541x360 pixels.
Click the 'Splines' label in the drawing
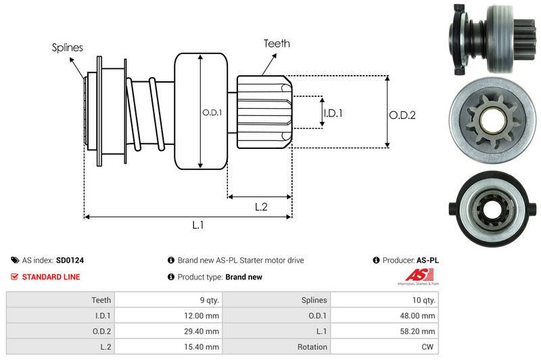(68, 47)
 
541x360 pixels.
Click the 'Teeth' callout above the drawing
(277, 43)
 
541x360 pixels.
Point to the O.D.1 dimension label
(212, 112)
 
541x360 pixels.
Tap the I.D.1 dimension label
(333, 113)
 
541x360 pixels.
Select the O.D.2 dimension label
(402, 115)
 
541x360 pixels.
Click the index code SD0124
(70, 260)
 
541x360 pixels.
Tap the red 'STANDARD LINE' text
(51, 277)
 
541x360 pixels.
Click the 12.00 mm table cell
(204, 315)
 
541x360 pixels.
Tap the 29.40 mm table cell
(204, 331)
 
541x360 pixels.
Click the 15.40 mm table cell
(204, 347)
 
